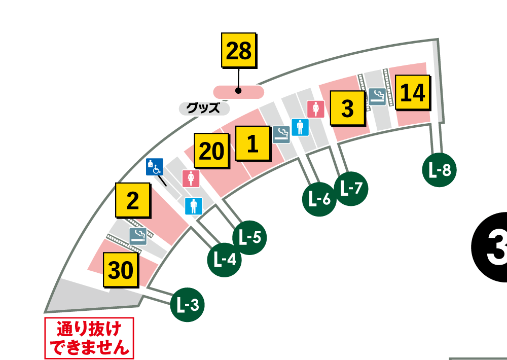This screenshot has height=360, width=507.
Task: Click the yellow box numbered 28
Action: (238, 51)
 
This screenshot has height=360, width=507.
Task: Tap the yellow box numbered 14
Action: (412, 93)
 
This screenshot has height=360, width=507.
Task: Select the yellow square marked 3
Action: (347, 109)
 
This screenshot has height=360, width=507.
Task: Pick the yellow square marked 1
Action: (252, 145)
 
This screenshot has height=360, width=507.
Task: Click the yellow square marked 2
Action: (133, 201)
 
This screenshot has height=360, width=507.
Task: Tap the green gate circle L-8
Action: (440, 170)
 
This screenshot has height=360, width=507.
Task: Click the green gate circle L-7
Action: (351, 189)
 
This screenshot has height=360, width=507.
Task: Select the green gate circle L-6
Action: (319, 199)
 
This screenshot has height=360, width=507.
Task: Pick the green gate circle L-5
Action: (249, 237)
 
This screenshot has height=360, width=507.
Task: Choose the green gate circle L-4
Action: (225, 260)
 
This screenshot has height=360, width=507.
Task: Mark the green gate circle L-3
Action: (188, 305)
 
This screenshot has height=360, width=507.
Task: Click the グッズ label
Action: (203, 108)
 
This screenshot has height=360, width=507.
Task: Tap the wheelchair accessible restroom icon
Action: (155, 167)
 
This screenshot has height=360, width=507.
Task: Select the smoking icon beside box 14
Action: (377, 96)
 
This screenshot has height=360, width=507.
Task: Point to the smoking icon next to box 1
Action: (281, 134)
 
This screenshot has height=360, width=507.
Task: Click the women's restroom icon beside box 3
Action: (316, 109)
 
